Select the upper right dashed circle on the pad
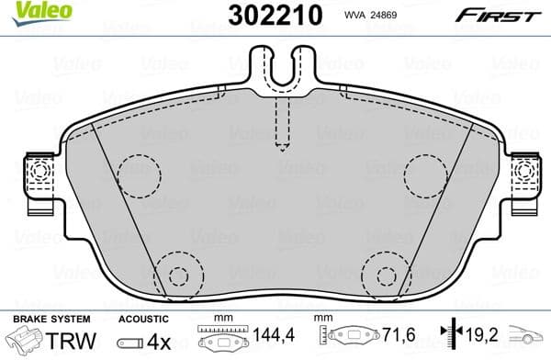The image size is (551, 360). click(425, 172)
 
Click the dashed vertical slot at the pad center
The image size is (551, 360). click(282, 124)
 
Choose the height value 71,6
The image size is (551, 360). click(397, 339)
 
